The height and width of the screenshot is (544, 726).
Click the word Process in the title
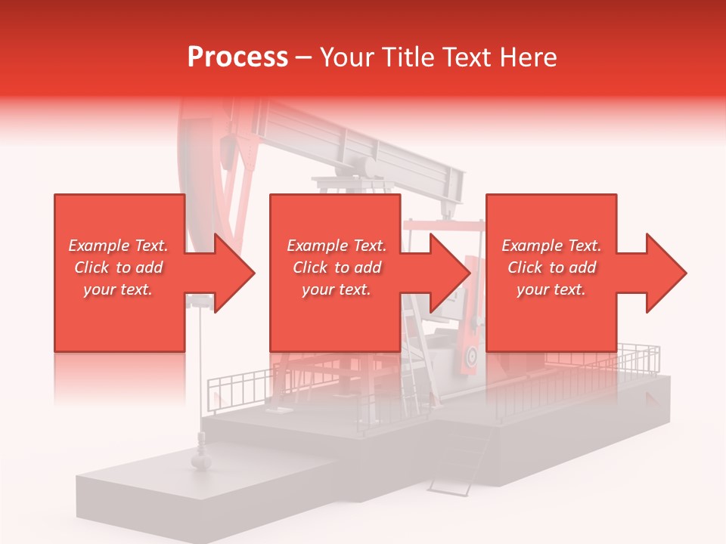click(237, 57)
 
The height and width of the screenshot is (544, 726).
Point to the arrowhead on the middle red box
click(445, 273)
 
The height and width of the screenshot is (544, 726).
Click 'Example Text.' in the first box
click(119, 246)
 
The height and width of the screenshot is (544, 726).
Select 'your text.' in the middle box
click(336, 289)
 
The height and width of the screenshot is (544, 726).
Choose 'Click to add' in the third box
click(551, 267)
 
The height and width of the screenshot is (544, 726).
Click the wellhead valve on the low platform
click(203, 457)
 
